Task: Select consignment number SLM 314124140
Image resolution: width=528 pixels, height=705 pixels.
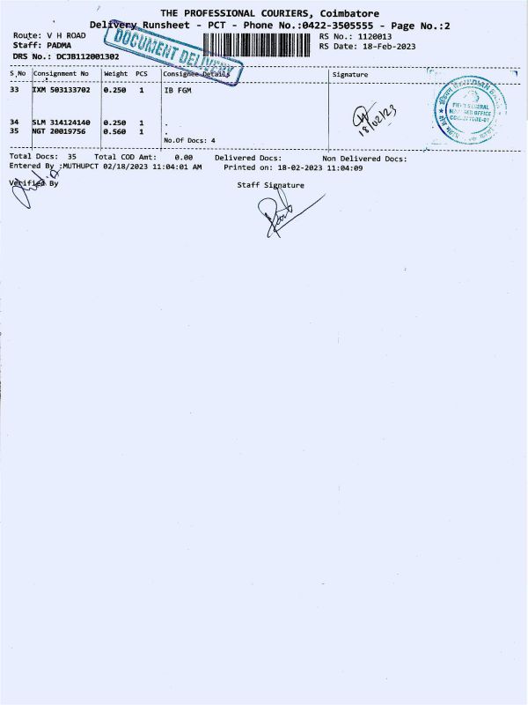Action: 61,122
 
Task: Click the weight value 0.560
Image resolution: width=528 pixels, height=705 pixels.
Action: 114,130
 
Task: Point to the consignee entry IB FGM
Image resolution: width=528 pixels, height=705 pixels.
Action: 177,90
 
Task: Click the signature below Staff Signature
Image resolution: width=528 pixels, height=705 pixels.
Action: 280,213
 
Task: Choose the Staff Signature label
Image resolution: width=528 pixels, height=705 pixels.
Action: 270,185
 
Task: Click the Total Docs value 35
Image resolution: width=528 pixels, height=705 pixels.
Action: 71,158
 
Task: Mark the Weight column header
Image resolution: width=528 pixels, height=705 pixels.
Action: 115,74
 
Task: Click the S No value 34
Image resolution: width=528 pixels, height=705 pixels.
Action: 14,122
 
